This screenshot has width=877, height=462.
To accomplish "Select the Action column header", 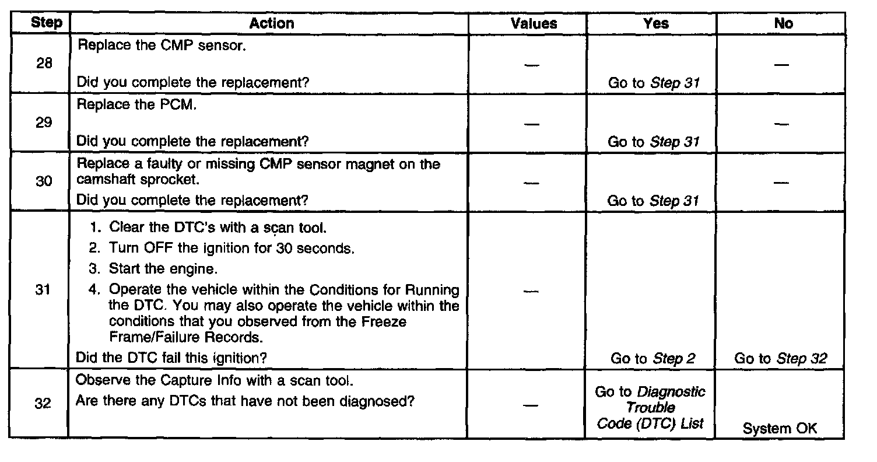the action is pyautogui.click(x=271, y=23).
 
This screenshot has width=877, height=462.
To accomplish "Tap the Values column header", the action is pyautogui.click(x=534, y=23).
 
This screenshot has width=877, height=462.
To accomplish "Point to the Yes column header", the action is pyautogui.click(x=657, y=23).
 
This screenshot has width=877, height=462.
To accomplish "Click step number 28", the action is pyautogui.click(x=44, y=64).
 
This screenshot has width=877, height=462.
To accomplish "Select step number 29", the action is pyautogui.click(x=44, y=123).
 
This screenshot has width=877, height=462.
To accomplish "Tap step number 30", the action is pyautogui.click(x=44, y=182).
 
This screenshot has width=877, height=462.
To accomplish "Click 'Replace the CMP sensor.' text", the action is pyautogui.click(x=161, y=45).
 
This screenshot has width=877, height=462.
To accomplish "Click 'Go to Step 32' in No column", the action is pyautogui.click(x=781, y=359).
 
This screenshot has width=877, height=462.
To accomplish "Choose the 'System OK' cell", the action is pyautogui.click(x=780, y=429).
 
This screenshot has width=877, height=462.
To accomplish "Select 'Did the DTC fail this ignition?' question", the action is pyautogui.click(x=172, y=357).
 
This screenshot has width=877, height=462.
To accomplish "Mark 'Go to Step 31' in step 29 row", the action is pyautogui.click(x=653, y=142).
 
